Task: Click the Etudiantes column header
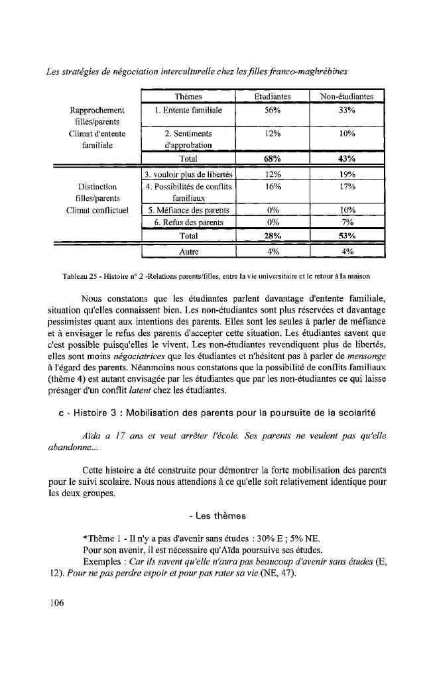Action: coord(273,97)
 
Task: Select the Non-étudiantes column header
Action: coord(347,97)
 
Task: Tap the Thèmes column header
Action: coord(190,97)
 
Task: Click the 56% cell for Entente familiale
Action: coord(273,110)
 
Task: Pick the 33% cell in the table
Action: coord(347,110)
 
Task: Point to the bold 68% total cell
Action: coord(273,158)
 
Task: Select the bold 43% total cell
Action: coord(347,158)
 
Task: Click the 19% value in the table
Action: coord(347,174)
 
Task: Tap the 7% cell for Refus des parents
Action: coord(347,223)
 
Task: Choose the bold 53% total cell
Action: coord(347,236)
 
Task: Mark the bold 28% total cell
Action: coord(273,236)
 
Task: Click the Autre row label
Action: coord(190,252)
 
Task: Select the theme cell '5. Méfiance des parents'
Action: coord(189,211)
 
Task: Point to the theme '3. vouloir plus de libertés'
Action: coord(189,174)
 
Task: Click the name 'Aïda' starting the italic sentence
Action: coord(91,437)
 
